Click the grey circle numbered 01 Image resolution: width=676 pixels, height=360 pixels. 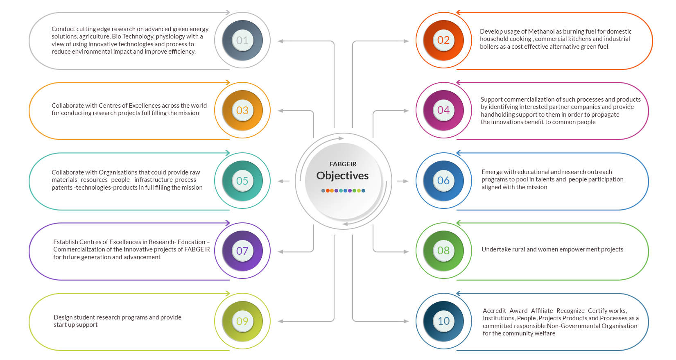coord(242,41)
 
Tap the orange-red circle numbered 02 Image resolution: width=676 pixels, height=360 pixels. coord(443,41)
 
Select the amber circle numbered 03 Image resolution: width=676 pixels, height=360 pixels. coord(242,111)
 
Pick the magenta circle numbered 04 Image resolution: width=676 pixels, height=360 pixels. coord(443,111)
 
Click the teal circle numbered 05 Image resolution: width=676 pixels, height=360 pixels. coord(242,181)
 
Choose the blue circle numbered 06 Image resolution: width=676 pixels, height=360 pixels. coord(443,181)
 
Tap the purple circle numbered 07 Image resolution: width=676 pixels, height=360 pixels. coord(242,251)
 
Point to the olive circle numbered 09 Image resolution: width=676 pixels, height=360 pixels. coord(242,322)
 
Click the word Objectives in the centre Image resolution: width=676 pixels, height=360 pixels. coord(342,176)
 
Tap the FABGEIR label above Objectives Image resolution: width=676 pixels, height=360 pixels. coord(343,164)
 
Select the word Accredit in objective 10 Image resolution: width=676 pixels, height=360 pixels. coord(494,311)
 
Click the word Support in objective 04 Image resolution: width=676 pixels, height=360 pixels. coord(491,100)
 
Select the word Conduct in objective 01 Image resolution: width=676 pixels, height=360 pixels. coord(63,29)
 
